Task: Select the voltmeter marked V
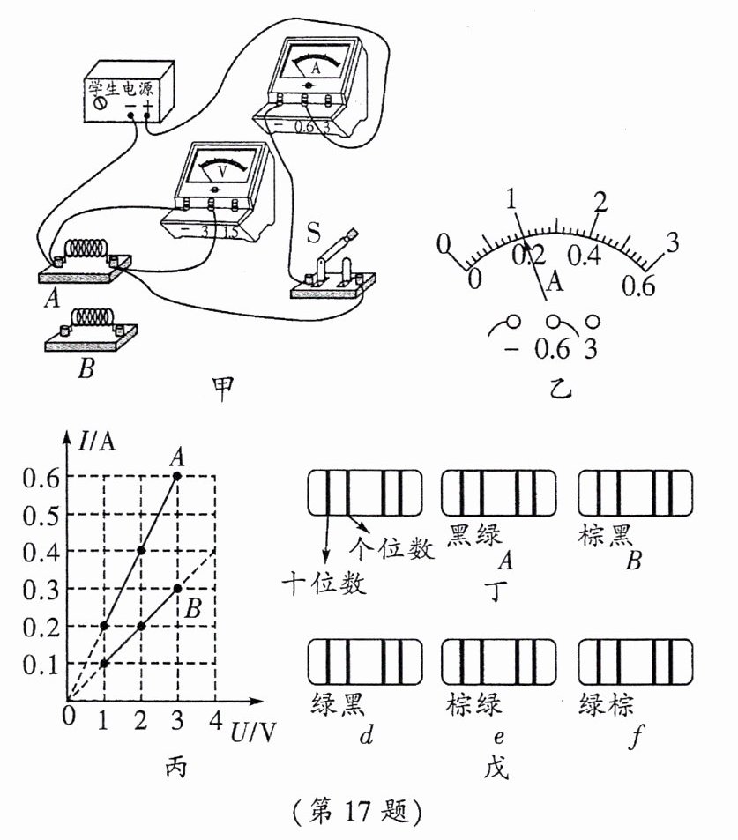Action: [x=221, y=184]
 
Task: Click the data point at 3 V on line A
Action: [x=178, y=476]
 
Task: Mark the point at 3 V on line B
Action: [x=178, y=588]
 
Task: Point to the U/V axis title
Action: [x=250, y=731]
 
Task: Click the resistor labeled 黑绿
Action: [x=497, y=492]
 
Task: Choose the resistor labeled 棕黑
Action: [x=634, y=492]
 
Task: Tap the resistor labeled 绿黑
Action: [x=364, y=663]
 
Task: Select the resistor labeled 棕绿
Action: [x=497, y=663]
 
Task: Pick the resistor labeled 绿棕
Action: [x=634, y=663]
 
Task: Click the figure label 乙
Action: [x=555, y=387]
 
